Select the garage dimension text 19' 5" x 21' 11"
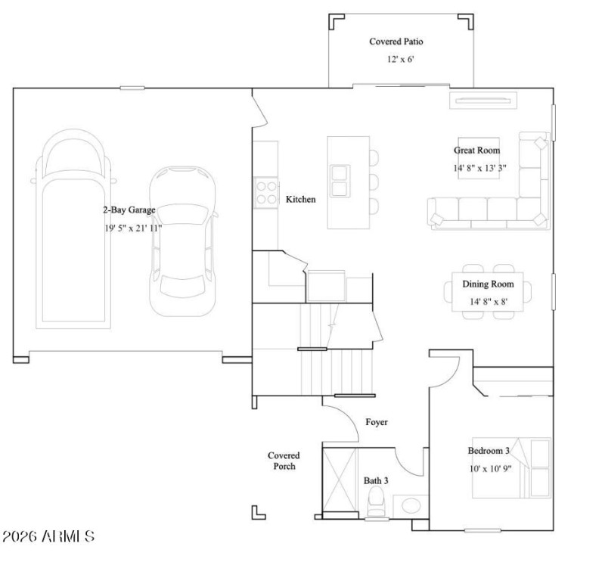(134, 228)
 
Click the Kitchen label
(300, 200)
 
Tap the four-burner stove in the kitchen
(265, 191)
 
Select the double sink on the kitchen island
(340, 179)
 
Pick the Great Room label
(476, 151)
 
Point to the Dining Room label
(488, 284)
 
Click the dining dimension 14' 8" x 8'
(488, 302)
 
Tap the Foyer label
(376, 422)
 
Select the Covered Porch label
(284, 461)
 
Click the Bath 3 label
(375, 480)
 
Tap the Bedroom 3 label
(488, 451)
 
